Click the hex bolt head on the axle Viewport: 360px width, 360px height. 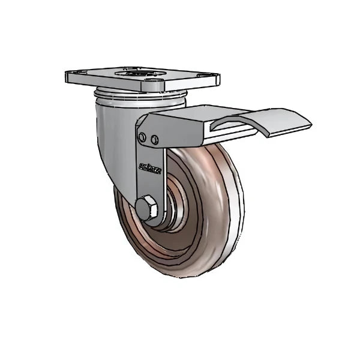(146, 208)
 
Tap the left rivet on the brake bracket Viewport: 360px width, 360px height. (142, 139)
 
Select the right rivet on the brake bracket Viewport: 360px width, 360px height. (155, 140)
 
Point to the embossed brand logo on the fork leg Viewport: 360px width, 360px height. (147, 164)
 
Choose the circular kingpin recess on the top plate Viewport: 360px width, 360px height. (143, 75)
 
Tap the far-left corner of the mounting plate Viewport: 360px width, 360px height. (67, 74)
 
